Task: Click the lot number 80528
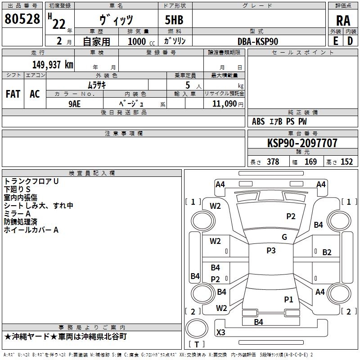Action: pos(22,19)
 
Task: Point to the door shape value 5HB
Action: pos(174,20)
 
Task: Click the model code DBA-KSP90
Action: pos(258,41)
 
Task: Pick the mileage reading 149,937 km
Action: pos(53,64)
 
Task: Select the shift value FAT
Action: pos(13,94)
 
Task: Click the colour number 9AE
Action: pos(75,103)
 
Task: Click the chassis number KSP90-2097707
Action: pos(302,143)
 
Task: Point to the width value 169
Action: pos(310,162)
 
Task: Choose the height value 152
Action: pos(346,162)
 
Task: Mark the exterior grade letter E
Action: pos(335,41)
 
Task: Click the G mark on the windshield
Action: pos(284,237)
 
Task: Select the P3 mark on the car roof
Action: pos(271,251)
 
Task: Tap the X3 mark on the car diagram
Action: pos(221,333)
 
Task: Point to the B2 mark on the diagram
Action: pos(327,252)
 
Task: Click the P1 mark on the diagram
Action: pos(288,299)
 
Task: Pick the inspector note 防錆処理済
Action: pos(21,222)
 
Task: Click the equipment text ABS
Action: pos(258,121)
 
